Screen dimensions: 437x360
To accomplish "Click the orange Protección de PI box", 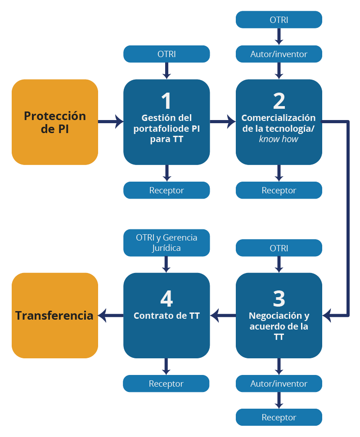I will click(55, 122).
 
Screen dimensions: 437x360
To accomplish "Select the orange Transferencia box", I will click(55, 315).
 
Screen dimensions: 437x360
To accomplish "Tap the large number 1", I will click(166, 101).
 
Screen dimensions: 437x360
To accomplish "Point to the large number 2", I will click(279, 101).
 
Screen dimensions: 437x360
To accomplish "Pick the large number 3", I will click(279, 298).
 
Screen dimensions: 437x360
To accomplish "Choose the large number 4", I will click(166, 298).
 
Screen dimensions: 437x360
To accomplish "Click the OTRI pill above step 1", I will click(166, 54).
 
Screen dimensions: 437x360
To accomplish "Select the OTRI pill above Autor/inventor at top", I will click(279, 20).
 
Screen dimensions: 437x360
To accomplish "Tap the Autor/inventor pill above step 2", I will click(279, 54).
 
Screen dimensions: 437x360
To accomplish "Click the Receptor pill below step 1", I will click(166, 190).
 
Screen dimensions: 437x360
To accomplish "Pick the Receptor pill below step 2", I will click(279, 190).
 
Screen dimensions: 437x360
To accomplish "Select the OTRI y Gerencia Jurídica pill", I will click(166, 242).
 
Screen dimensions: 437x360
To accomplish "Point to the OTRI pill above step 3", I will click(279, 248).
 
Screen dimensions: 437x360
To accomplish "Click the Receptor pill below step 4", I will click(166, 383).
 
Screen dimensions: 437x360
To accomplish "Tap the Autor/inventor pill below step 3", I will click(279, 383).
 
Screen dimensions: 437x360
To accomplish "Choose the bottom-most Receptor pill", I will click(279, 417).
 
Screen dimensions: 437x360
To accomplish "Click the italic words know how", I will click(279, 139).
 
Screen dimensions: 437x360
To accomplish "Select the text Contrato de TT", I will click(166, 316).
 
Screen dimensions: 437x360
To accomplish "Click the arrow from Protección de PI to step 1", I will click(111, 121).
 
